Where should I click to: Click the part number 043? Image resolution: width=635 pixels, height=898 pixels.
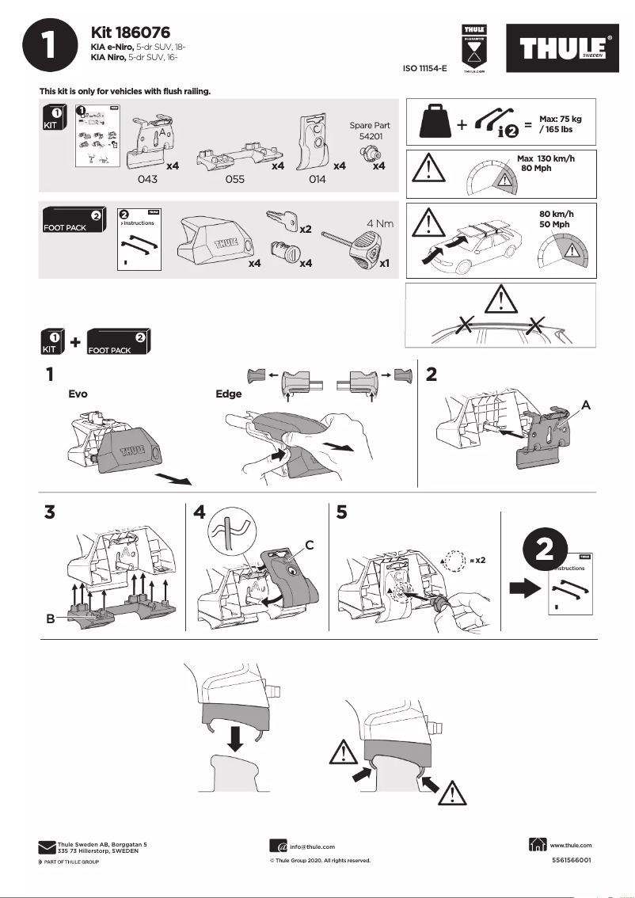click(x=148, y=180)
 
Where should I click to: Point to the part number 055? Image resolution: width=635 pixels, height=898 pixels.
click(x=234, y=180)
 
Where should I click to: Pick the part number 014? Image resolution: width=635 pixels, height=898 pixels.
click(x=317, y=180)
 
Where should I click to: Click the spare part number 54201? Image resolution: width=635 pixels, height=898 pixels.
click(x=369, y=137)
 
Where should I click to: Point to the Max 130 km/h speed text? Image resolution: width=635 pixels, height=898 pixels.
click(x=546, y=159)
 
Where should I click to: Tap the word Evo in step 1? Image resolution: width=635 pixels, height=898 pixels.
click(x=78, y=393)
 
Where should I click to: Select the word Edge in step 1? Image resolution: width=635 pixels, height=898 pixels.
click(x=229, y=393)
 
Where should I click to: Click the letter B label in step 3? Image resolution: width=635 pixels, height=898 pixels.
click(x=50, y=619)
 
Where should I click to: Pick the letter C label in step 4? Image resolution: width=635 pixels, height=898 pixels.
click(x=310, y=545)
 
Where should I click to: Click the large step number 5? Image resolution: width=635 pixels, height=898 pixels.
click(x=341, y=512)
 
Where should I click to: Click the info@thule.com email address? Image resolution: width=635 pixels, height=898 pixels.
click(x=312, y=847)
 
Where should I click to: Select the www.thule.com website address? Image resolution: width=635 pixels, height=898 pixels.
click(x=570, y=846)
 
